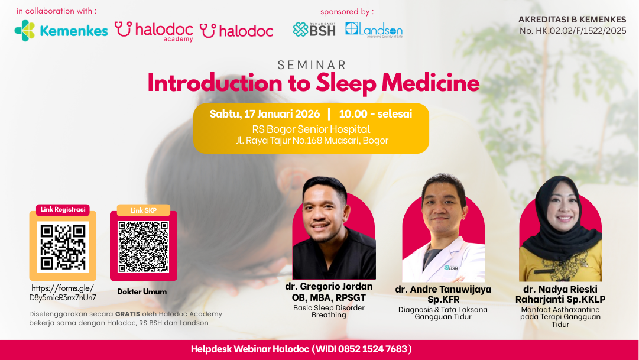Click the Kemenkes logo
(61, 31)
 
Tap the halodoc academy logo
(154, 31)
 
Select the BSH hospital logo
(314, 30)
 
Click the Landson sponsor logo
(374, 30)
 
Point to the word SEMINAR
(312, 65)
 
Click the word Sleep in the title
(346, 83)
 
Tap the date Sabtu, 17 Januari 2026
(265, 113)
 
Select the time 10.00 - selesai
(375, 113)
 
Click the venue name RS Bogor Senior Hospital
(311, 129)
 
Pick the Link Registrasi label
(63, 210)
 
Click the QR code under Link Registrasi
(63, 247)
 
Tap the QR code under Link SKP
(143, 247)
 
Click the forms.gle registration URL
(63, 293)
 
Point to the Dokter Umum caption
(142, 292)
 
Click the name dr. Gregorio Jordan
(329, 287)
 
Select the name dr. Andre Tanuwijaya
(443, 290)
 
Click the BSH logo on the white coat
(450, 268)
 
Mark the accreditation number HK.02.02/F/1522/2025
(573, 31)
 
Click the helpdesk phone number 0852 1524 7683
(372, 349)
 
